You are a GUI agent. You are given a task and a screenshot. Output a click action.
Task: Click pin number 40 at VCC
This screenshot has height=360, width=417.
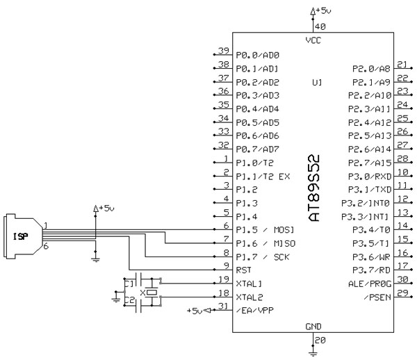320,26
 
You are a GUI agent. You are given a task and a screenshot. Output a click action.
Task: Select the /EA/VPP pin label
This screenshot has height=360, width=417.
256,311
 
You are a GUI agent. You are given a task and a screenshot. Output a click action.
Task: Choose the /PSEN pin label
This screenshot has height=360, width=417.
377,297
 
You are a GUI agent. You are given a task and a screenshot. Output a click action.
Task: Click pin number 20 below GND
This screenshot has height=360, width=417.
320,340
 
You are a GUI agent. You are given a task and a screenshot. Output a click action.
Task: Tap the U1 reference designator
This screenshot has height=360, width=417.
317,82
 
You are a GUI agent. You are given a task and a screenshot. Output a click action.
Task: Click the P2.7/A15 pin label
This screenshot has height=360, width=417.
370,162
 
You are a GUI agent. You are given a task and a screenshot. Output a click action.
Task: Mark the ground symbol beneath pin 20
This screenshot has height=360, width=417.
314,352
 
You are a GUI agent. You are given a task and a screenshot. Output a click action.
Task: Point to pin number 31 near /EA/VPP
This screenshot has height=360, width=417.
222,306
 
